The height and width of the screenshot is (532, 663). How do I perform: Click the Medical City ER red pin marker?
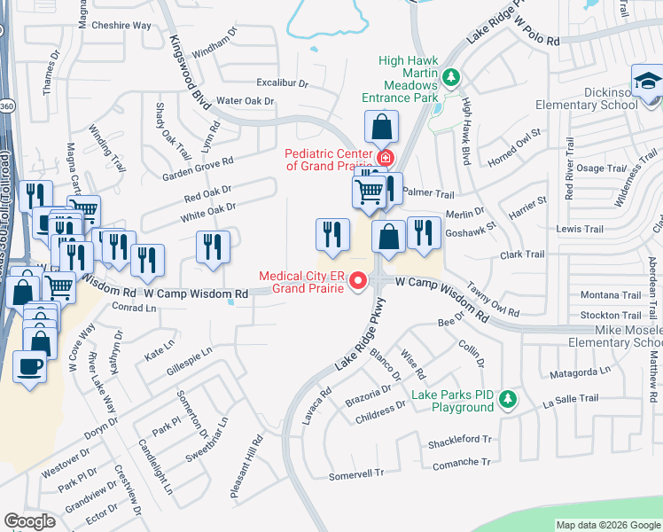coord(358,281)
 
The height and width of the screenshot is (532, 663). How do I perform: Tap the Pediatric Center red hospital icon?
coord(385,159)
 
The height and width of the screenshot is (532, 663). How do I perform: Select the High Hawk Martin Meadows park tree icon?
coord(451,78)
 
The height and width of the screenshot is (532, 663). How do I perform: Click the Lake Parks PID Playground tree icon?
coord(507,400)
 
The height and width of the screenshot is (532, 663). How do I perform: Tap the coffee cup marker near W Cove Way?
coord(29,365)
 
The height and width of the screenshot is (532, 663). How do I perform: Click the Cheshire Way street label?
coord(121,26)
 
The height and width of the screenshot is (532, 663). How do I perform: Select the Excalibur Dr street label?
coord(277,83)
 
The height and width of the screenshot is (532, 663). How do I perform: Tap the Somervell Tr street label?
coord(355,474)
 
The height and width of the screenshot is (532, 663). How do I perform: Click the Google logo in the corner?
coord(29,521)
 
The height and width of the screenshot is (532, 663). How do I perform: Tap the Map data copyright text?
coord(609,525)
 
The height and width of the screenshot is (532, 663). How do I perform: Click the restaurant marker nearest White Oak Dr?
coord(213,247)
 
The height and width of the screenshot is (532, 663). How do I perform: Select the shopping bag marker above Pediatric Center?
coord(381,127)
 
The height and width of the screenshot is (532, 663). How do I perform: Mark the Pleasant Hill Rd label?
coord(247,465)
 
